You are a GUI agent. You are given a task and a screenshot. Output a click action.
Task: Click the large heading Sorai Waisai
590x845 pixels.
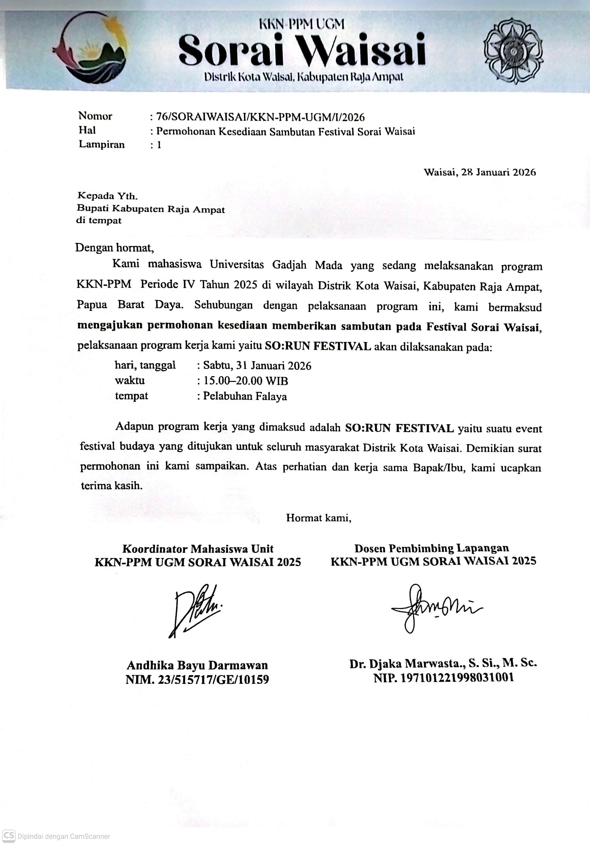click(x=302, y=50)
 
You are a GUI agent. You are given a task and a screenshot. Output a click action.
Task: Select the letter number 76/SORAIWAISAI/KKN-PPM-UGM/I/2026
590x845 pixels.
click(x=260, y=117)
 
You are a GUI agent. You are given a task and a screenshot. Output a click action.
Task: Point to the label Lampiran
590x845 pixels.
click(x=101, y=144)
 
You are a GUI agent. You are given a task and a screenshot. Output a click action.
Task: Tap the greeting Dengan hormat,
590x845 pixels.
click(x=115, y=247)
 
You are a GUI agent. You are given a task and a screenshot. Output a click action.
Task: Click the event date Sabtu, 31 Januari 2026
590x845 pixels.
click(x=257, y=365)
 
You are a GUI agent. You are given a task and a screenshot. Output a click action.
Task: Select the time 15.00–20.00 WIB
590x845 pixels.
click(x=246, y=381)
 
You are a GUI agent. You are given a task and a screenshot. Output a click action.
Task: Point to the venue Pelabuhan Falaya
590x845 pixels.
click(x=245, y=396)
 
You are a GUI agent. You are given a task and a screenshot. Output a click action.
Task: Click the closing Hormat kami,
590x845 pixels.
click(x=318, y=518)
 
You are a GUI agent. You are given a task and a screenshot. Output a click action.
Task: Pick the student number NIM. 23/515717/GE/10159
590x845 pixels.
click(x=197, y=679)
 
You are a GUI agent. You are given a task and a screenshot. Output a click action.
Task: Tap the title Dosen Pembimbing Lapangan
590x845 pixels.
click(x=431, y=548)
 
